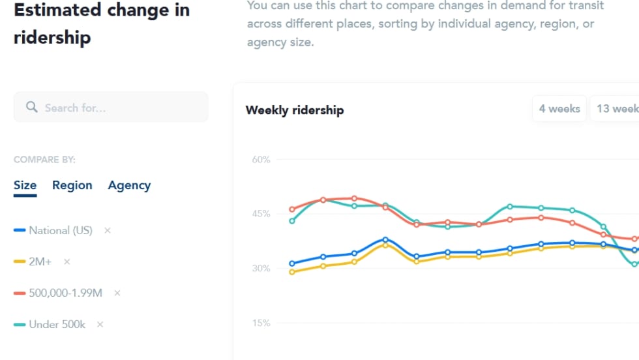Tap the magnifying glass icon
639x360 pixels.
[31, 107]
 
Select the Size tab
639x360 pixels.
[25, 185]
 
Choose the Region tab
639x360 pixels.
[72, 185]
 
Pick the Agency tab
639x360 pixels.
[129, 185]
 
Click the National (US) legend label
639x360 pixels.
[61, 230]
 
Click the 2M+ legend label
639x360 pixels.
[41, 262]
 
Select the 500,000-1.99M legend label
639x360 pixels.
[65, 293]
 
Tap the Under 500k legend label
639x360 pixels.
[57, 324]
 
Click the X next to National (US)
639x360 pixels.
[108, 230]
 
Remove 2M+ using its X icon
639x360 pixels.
[67, 262]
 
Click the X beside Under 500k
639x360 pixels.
[100, 324]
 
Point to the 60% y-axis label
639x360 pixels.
[261, 159]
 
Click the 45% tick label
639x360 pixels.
[261, 214]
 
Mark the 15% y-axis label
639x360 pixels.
[261, 323]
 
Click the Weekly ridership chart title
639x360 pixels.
[294, 110]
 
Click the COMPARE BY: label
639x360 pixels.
[44, 159]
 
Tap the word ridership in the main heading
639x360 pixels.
[52, 37]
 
